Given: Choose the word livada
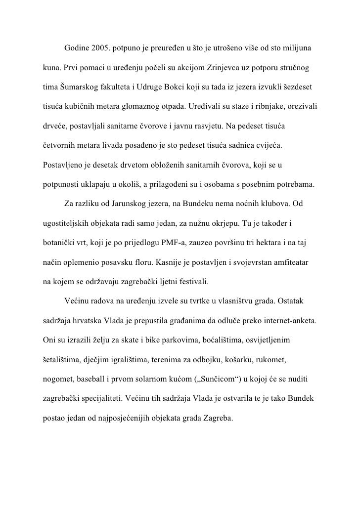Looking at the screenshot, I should (x=126, y=147).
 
